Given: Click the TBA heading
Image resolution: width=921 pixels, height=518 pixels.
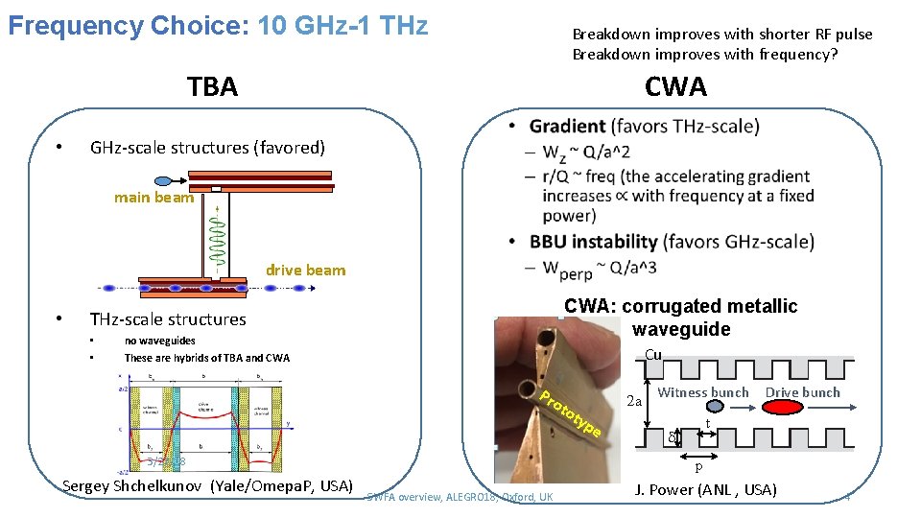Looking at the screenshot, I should coord(213,87).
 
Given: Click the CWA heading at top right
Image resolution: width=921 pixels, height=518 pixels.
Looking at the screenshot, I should coord(675,87).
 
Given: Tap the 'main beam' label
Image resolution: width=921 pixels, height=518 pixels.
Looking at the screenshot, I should coord(153,198).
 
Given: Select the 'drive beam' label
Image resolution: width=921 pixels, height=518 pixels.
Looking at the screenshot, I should coord(305,271).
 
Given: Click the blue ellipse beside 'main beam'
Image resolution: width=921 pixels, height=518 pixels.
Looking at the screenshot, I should coord(162,180).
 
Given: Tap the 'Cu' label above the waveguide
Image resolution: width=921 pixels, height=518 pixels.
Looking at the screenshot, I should coord(653,355).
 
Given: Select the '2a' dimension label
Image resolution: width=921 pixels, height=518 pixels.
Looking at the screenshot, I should coord(633,401).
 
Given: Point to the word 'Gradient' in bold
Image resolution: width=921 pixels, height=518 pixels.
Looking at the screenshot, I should coord(567,127).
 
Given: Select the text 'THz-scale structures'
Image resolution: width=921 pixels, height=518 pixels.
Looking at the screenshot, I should coord(168,319).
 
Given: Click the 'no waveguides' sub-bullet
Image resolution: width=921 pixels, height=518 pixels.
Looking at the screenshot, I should coord(159,341).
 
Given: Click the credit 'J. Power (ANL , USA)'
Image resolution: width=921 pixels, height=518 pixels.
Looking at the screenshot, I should coord(705,491).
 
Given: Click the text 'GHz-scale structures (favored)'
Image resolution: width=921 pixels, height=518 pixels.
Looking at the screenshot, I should coord(207,148).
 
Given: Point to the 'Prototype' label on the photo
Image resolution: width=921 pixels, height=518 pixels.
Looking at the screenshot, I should coord(570,414).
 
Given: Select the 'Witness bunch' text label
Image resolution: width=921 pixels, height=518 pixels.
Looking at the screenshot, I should coord(703,392).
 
